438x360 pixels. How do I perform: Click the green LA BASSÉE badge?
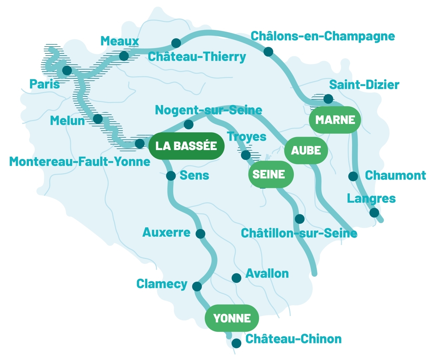pyautogui.click(x=186, y=146)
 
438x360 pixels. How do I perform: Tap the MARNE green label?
pyautogui.click(x=335, y=120)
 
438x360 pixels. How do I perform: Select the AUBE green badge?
pyautogui.click(x=306, y=150)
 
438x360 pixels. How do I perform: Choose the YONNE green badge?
pyautogui.click(x=232, y=318)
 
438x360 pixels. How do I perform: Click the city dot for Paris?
pyautogui.click(x=67, y=70)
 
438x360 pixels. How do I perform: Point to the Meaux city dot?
pyautogui.click(x=124, y=56)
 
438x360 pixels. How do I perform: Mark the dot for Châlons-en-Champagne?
pyautogui.click(x=268, y=52)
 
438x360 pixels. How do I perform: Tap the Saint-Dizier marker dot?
pyautogui.click(x=328, y=99)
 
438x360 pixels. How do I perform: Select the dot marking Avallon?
pyautogui.click(x=236, y=278)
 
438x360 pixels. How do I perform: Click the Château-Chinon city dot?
pyautogui.click(x=236, y=343)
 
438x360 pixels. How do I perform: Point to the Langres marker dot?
pyautogui.click(x=374, y=212)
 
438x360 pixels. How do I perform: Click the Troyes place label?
pyautogui.click(x=246, y=137)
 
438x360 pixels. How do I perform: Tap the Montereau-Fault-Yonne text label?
pyautogui.click(x=80, y=162)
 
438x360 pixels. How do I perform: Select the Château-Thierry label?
pyautogui.click(x=197, y=57)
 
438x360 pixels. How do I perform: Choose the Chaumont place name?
pyautogui.click(x=395, y=175)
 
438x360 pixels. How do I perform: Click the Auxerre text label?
pyautogui.click(x=166, y=232)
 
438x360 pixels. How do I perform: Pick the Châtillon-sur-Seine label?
pyautogui.click(x=299, y=233)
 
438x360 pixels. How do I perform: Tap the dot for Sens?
pyautogui.click(x=171, y=176)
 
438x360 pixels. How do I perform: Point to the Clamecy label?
pyautogui.click(x=162, y=284)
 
